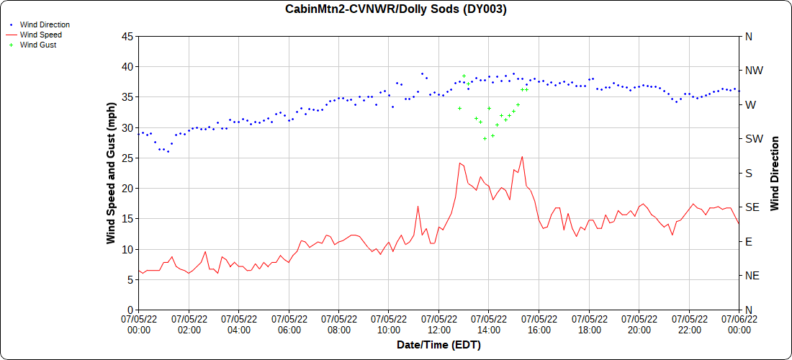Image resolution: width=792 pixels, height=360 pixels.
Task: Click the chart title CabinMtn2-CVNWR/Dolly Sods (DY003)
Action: (x=396, y=9)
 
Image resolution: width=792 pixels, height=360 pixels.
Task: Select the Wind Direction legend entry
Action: (x=45, y=24)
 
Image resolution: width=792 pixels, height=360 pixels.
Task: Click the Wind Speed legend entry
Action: (x=40, y=35)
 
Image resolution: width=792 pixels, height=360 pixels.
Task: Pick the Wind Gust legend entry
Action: (x=38, y=45)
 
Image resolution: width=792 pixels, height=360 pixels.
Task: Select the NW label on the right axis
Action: (x=753, y=71)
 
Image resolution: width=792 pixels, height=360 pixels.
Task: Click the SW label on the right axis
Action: (x=753, y=139)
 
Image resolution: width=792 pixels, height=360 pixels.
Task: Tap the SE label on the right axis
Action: (x=752, y=207)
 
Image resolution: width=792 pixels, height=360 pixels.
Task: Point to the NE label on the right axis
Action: (x=752, y=276)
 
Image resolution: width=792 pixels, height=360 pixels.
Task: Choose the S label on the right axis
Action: (x=748, y=173)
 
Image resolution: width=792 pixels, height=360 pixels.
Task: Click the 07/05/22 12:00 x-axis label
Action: (x=438, y=324)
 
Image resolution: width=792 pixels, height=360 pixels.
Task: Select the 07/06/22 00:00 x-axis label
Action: (x=739, y=324)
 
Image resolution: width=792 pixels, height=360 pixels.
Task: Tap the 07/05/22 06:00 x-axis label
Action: (x=289, y=324)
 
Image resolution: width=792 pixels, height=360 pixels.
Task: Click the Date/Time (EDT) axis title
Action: (x=438, y=345)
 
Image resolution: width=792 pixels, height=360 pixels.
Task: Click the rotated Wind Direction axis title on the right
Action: (x=775, y=173)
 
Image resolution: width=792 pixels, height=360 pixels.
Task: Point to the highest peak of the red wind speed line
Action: (x=522, y=157)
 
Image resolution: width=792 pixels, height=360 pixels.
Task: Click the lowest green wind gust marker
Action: (x=485, y=138)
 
